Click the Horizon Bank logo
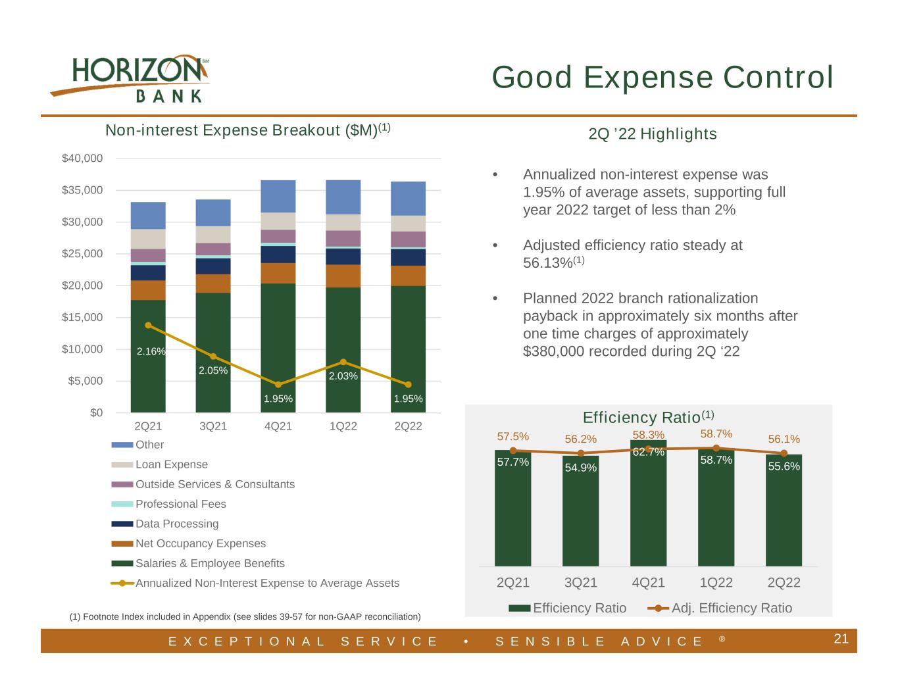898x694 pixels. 130,78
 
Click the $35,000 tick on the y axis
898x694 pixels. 82,190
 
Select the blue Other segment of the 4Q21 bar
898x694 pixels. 278,196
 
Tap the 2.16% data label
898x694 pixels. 151,351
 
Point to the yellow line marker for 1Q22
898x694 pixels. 343,362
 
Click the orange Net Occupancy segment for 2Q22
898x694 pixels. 408,276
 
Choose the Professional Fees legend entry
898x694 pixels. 169,504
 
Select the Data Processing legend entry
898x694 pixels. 165,524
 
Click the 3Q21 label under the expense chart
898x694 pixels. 213,426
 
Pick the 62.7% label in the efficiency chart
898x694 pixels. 649,452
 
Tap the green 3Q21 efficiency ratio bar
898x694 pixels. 580,511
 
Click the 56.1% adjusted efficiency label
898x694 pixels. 784,439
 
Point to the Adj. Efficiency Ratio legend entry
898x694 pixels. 720,608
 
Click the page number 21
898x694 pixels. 841,639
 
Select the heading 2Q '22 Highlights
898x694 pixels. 653,134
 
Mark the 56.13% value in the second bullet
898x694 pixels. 548,262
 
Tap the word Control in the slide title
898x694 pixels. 778,77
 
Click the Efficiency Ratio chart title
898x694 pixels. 648,417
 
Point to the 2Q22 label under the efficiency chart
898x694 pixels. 784,582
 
